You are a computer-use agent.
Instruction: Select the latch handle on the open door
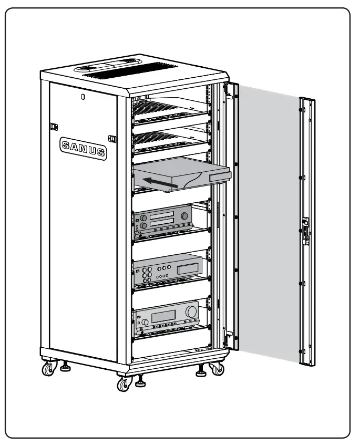pyautogui.click(x=304, y=230)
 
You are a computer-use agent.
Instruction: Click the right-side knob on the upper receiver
pyautogui.click(x=184, y=216)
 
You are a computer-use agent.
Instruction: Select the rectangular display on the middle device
pyautogui.click(x=187, y=269)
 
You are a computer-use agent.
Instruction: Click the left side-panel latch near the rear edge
pyautogui.click(x=53, y=127)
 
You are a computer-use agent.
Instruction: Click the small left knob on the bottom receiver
pyautogui.click(x=139, y=319)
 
